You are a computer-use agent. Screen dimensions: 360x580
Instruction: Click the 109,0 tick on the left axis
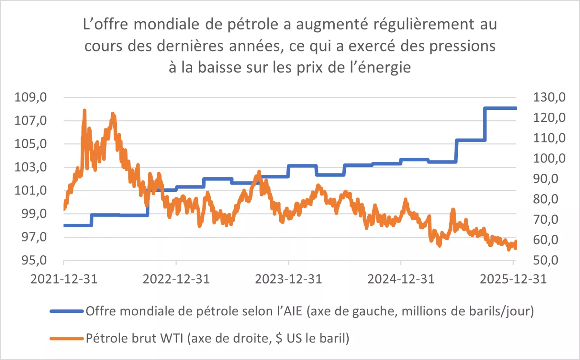(x=30, y=97)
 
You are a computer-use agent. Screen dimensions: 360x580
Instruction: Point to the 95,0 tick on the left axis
(x=34, y=260)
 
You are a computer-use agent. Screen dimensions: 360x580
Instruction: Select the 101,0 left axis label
(x=30, y=190)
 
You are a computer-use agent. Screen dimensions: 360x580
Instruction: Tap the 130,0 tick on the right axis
(x=549, y=97)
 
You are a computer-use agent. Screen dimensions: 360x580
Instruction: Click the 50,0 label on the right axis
(x=545, y=260)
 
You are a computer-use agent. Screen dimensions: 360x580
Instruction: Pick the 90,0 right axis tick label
(x=545, y=179)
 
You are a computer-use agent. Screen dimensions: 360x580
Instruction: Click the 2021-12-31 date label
(x=64, y=279)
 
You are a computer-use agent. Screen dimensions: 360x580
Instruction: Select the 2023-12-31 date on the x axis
(x=289, y=279)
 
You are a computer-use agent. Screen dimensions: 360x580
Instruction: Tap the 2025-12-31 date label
(x=513, y=279)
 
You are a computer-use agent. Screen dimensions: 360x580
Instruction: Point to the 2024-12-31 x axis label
(x=401, y=279)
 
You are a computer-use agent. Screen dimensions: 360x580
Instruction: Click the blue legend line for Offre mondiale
(x=67, y=311)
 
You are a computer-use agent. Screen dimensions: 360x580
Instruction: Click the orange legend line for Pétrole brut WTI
(x=67, y=339)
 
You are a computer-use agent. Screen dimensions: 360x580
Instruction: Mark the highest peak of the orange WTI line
(x=84, y=110)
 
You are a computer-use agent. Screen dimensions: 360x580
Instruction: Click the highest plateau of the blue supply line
(x=500, y=108)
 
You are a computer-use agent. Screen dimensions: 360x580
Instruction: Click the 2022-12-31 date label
(x=176, y=279)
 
